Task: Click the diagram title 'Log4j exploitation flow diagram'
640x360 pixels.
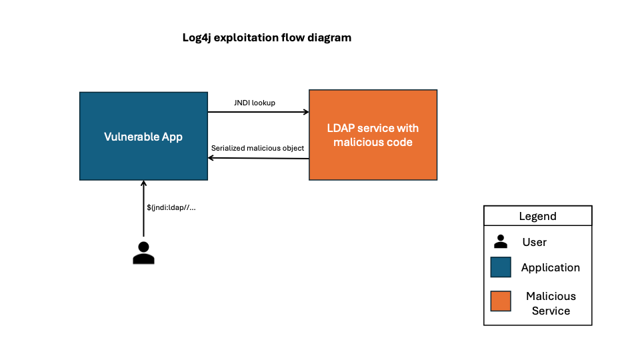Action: click(x=267, y=37)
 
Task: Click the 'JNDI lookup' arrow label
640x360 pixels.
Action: click(x=255, y=103)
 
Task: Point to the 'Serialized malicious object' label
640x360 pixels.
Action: click(x=257, y=148)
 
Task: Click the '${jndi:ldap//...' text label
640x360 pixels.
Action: click(x=171, y=207)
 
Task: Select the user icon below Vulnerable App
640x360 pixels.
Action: click(x=143, y=253)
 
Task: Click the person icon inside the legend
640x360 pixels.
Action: click(x=500, y=242)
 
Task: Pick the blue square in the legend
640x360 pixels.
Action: click(x=501, y=267)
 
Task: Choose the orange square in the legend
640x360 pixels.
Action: click(x=501, y=301)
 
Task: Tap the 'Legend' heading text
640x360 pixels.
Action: click(x=537, y=216)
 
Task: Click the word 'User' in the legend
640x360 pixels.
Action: click(x=535, y=242)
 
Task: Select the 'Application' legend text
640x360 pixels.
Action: click(x=551, y=267)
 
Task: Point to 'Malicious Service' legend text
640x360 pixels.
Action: click(x=551, y=303)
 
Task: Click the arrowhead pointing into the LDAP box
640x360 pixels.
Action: click(x=305, y=112)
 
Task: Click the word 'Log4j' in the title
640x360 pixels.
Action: click(x=197, y=37)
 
